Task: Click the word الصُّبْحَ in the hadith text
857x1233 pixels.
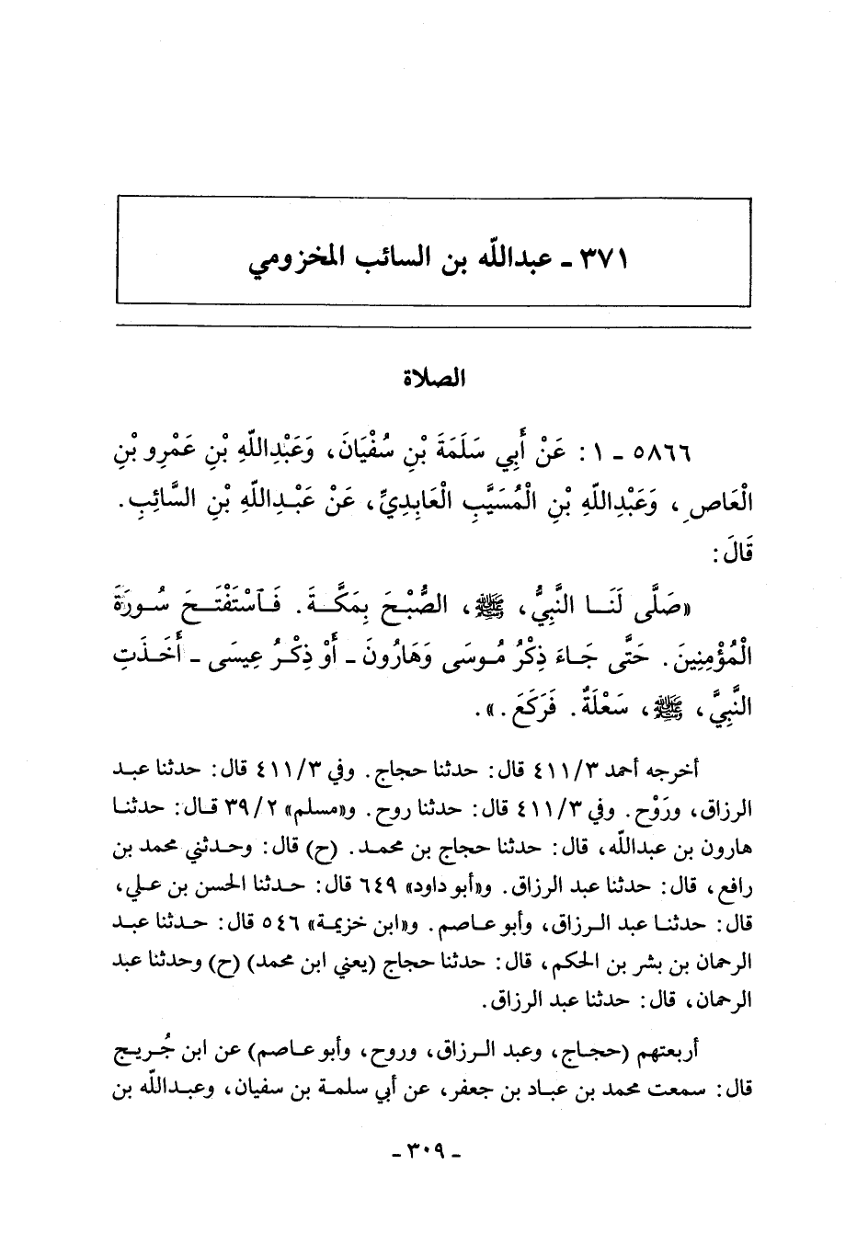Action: (455, 603)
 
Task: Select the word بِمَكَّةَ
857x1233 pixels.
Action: (361, 603)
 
